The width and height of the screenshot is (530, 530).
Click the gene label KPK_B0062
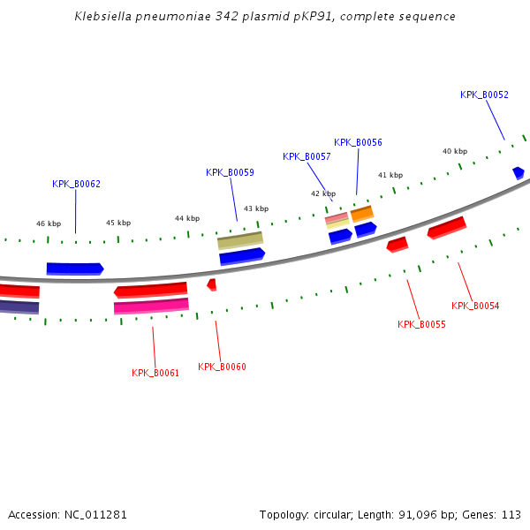click(x=76, y=184)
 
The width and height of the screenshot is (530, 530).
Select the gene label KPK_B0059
click(x=230, y=172)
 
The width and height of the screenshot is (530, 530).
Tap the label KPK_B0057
click(x=307, y=156)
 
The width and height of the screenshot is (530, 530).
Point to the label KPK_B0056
click(x=358, y=142)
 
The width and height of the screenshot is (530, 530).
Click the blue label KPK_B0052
click(x=484, y=95)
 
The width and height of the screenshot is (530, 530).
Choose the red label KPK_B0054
click(x=475, y=306)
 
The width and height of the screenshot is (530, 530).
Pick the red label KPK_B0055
click(x=421, y=324)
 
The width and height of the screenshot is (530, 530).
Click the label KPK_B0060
click(x=222, y=367)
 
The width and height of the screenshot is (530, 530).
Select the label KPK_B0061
click(x=155, y=373)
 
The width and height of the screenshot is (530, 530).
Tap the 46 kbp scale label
click(x=49, y=223)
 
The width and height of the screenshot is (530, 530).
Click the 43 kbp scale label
click(x=255, y=208)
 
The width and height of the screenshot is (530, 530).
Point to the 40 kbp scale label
click(x=455, y=151)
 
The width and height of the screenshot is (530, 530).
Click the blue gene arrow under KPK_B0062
click(x=75, y=268)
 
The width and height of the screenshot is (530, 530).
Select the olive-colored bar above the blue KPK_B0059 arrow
click(x=240, y=239)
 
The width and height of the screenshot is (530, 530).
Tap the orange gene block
click(x=362, y=214)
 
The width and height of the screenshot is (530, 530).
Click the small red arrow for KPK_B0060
click(x=212, y=284)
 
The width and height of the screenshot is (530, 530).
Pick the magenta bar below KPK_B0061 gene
click(x=151, y=306)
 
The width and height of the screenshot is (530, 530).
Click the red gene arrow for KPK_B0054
click(x=447, y=228)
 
